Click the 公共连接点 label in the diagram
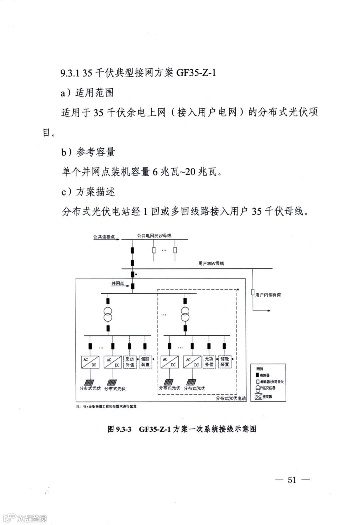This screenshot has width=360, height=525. coord(104,237)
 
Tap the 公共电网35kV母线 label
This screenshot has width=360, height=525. coord(154,236)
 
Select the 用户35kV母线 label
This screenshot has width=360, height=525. coord(211,263)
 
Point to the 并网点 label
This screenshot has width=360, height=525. coord(117,283)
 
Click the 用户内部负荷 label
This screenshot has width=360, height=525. coord(268,295)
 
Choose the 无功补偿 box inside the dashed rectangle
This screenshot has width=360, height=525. coord(209,362)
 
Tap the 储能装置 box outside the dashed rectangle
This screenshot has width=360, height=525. coord(145,362)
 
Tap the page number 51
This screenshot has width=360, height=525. coord(292,480)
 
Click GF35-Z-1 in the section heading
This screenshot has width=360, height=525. coord(196,73)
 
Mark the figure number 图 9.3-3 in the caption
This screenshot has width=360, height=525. coord(120,429)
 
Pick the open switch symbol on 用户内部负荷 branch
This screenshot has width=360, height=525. coord(253,292)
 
